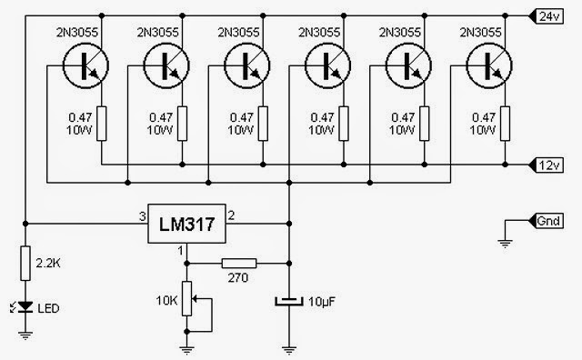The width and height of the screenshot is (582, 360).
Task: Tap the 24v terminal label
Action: pos(547,16)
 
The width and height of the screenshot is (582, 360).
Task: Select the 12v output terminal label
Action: pos(547,165)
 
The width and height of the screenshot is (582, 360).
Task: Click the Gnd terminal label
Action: pos(547,221)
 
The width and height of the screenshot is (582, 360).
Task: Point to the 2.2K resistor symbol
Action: pos(25,263)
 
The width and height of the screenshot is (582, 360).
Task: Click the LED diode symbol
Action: pos(25,306)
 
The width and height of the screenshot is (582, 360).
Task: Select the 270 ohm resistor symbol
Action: pos(239,264)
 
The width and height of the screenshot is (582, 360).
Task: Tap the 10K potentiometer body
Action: pos(186,299)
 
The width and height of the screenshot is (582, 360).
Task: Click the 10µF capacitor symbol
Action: pos(289,301)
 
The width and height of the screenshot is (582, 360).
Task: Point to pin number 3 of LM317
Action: pos(143,216)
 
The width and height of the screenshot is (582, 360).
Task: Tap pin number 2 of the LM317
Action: pos(231,215)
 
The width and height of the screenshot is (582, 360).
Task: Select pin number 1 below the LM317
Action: pos(181,251)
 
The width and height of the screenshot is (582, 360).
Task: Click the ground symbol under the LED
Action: pos(25,335)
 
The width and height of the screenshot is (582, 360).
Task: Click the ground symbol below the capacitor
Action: pos(289,350)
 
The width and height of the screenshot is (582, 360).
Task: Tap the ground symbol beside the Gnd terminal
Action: pos(505,243)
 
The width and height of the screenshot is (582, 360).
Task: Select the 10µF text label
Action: pos(321,302)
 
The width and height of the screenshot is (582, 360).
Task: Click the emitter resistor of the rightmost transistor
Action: pos(505,124)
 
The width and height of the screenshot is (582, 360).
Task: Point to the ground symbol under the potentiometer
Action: pos(186,350)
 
